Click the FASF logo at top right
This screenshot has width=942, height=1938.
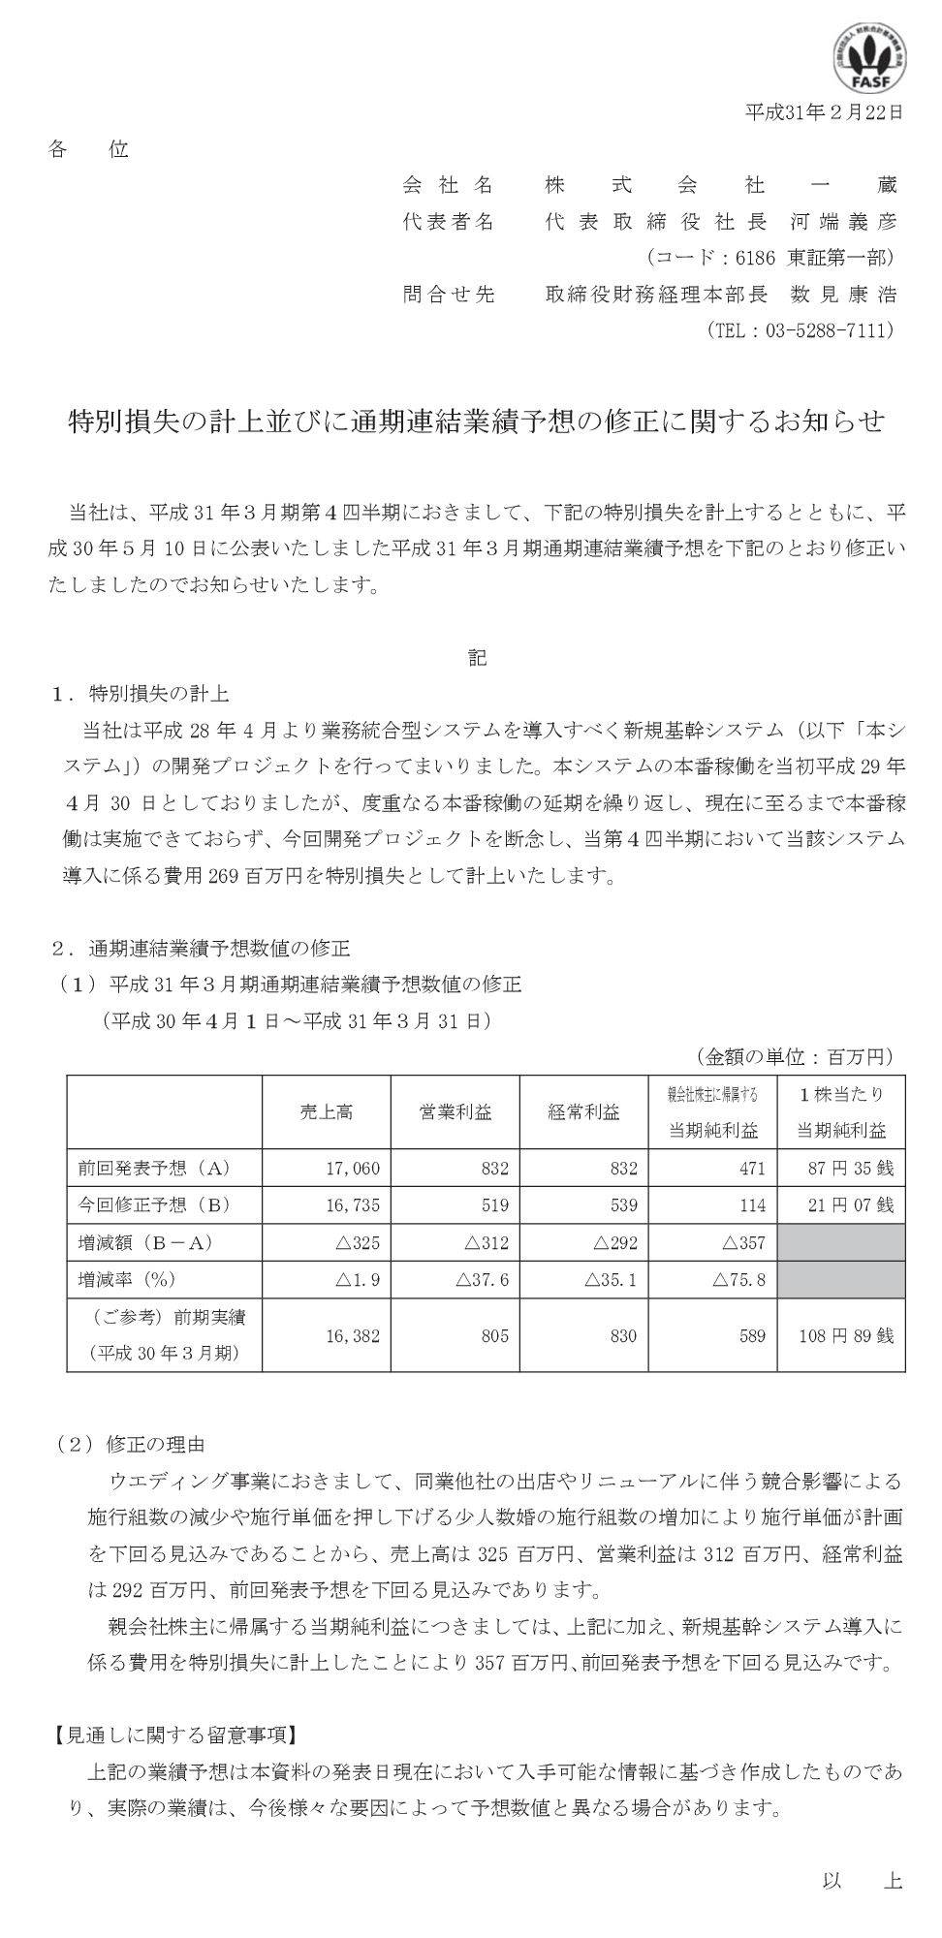[x=869, y=57]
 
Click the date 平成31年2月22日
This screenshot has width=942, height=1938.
[x=823, y=112]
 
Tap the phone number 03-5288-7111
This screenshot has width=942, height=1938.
[x=829, y=330]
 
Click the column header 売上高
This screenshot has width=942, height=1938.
[x=326, y=1111]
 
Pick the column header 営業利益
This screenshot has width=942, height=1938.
[x=455, y=1111]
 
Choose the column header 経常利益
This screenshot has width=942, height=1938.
[x=583, y=1111]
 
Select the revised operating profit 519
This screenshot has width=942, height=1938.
[x=494, y=1205]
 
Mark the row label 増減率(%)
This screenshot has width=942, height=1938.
[x=127, y=1280]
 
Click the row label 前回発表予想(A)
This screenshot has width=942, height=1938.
[x=155, y=1169]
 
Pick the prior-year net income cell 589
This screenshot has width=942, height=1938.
[x=751, y=1335]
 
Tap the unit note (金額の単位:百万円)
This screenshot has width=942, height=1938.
[x=794, y=1056]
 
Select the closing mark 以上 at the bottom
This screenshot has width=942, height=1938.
[x=862, y=1881]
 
